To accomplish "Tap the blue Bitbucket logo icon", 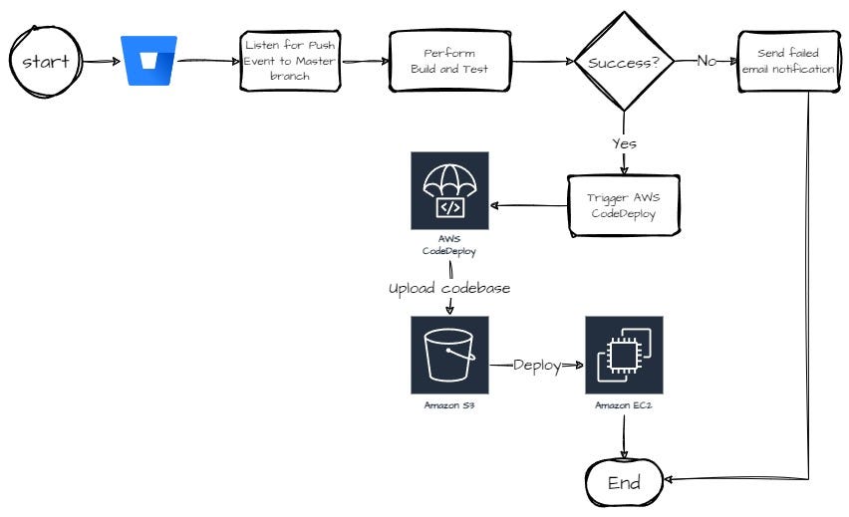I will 148,61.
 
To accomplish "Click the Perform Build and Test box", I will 448,62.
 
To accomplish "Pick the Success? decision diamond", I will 623,61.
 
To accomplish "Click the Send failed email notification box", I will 787,61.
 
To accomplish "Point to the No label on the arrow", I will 707,61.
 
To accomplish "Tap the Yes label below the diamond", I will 624,143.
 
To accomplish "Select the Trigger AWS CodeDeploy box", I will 624,205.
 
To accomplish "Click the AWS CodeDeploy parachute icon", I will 449,190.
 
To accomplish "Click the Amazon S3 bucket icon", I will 449,355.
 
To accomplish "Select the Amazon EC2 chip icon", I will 624,355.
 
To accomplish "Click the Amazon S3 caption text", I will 449,406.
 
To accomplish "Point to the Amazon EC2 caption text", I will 624,406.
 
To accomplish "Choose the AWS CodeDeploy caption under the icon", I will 449,246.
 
